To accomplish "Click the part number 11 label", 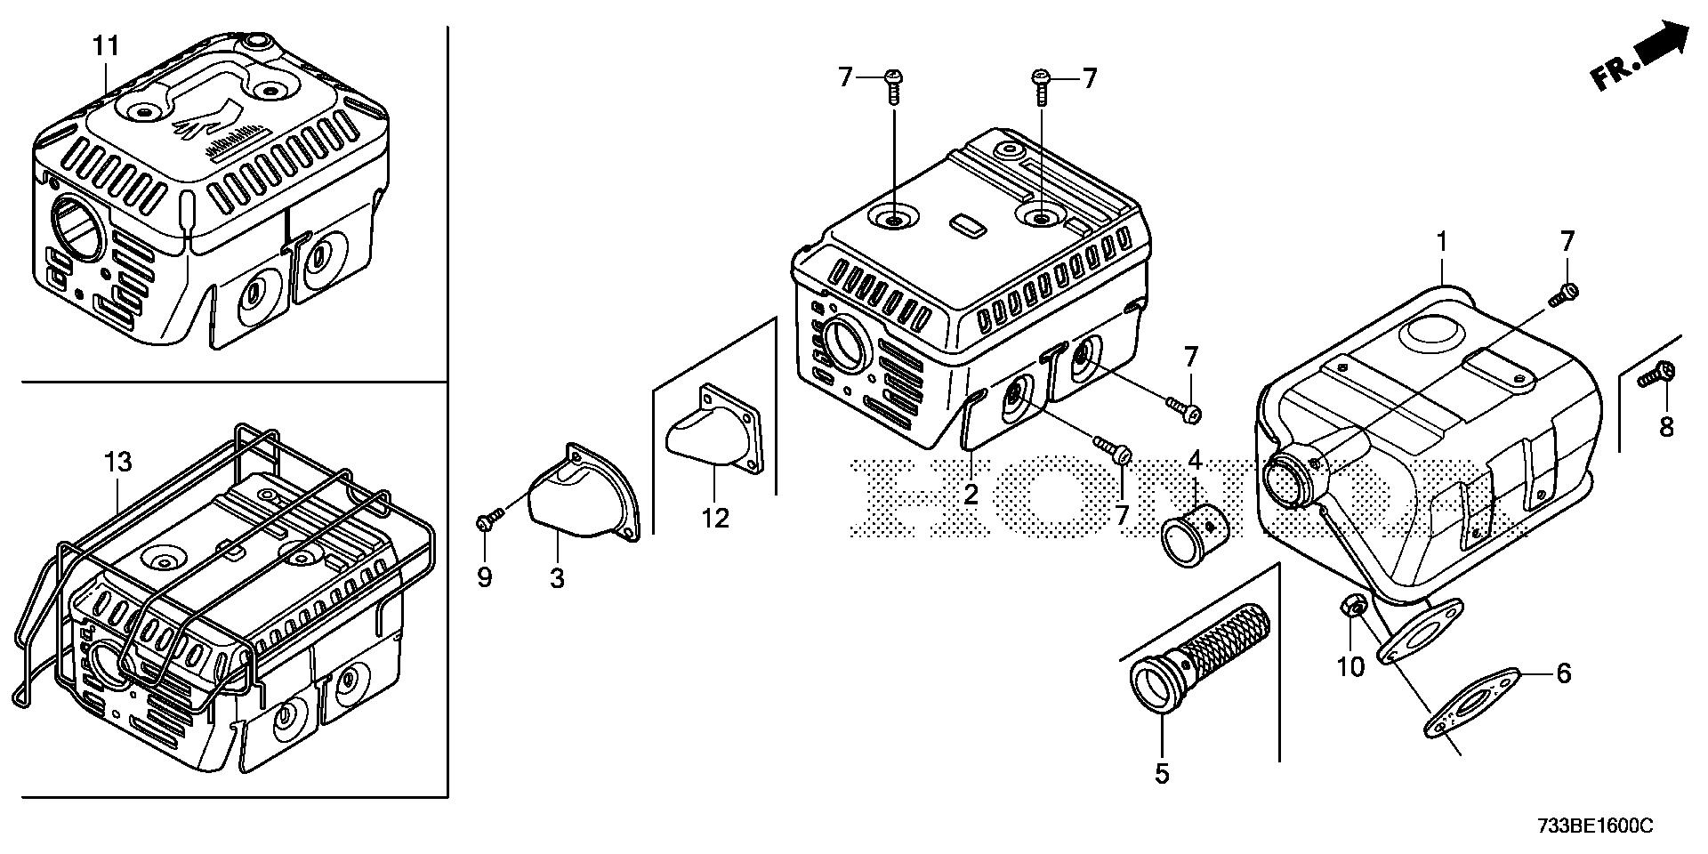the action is (106, 46).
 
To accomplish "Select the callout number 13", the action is (117, 463).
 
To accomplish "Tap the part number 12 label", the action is (715, 517).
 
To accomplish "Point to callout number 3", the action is (556, 579).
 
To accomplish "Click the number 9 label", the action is (484, 578).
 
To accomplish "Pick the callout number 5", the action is (1162, 773).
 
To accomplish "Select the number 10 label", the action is (1350, 666).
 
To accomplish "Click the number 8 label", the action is (1665, 428).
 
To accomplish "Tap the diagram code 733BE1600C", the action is (1594, 827).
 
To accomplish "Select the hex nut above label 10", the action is (1351, 608).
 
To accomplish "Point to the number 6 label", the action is (1563, 673).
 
